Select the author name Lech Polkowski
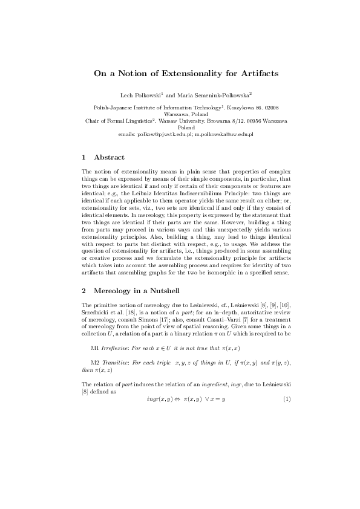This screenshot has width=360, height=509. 140,95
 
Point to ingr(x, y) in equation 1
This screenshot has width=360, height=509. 160,417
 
